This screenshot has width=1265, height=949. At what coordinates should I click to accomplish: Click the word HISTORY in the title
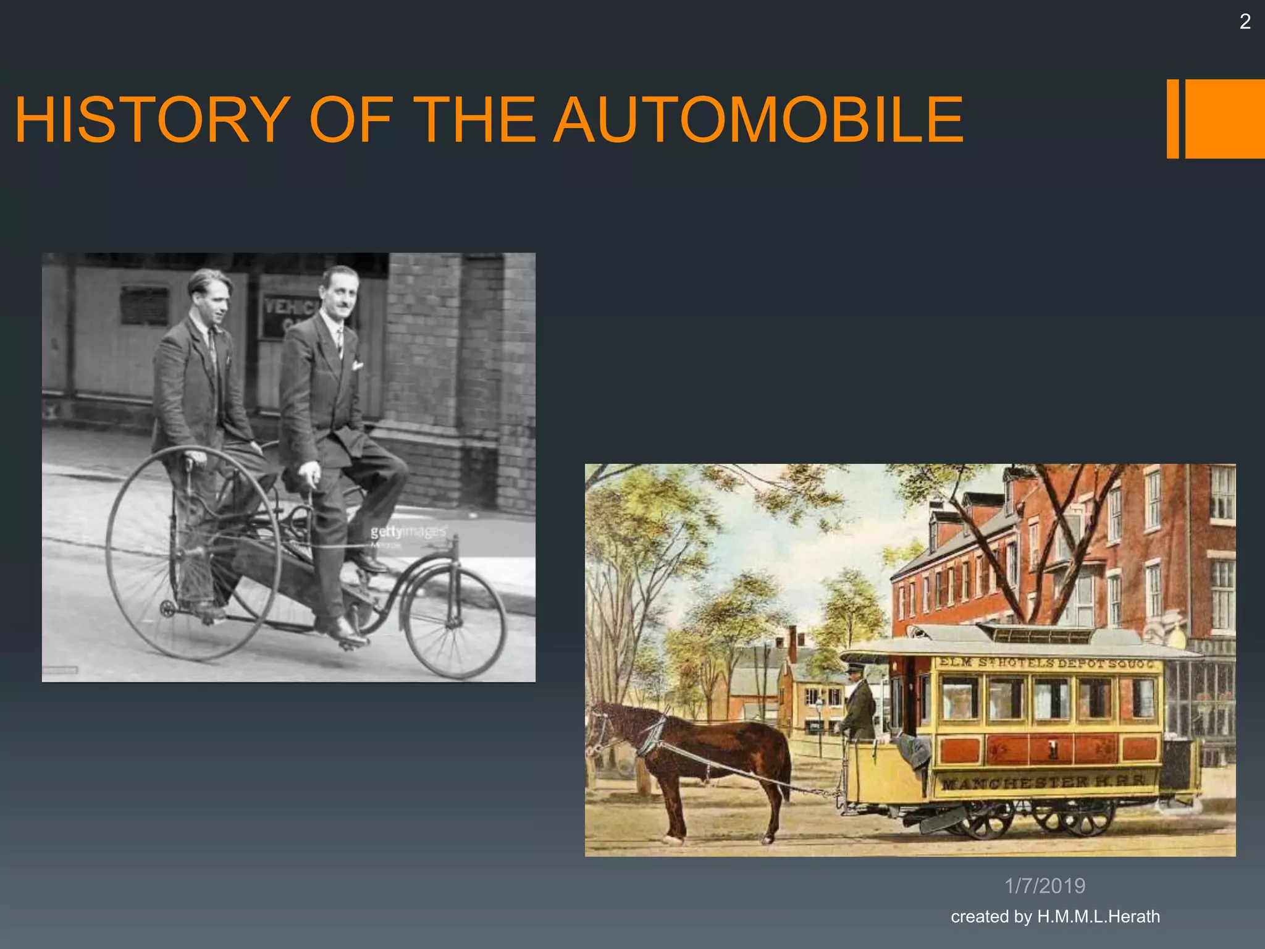[x=152, y=120]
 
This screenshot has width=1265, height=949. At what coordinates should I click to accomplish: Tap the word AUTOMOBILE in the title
[x=758, y=120]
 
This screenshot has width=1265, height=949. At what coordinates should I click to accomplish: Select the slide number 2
[x=1245, y=22]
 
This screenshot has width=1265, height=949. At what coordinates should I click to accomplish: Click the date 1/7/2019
[x=1044, y=886]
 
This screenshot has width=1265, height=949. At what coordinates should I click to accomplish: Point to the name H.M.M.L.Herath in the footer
[x=1098, y=916]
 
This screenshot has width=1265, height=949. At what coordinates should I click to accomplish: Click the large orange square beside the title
[x=1225, y=119]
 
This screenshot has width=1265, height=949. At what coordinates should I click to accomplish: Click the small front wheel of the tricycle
[x=454, y=622]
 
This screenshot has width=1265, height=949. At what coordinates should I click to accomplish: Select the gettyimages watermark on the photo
[x=408, y=532]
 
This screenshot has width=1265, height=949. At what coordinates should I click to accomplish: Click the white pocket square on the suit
[x=357, y=365]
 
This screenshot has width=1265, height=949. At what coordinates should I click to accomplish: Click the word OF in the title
[x=351, y=120]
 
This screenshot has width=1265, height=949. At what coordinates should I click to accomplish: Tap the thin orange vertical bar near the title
[x=1172, y=119]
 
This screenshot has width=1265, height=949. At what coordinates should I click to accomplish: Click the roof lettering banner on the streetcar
[x=1046, y=664]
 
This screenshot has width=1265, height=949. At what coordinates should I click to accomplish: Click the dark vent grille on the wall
[x=145, y=305]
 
